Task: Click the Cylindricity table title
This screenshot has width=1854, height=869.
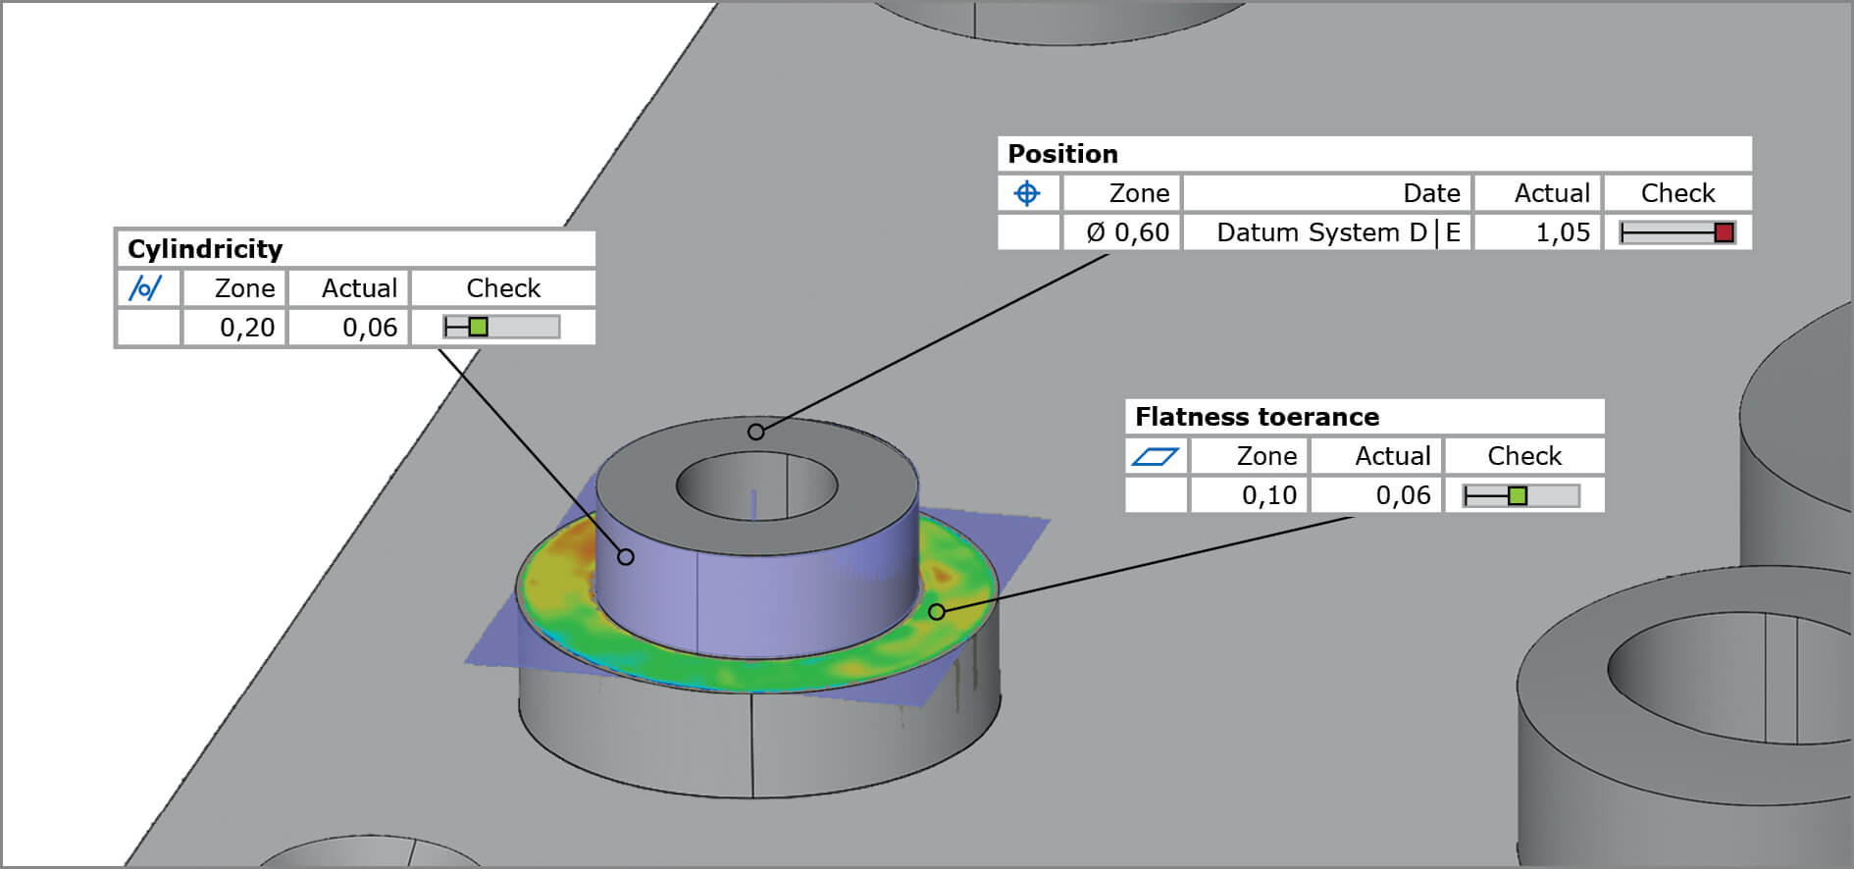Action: pos(205,249)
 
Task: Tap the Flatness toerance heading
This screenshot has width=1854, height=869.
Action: pos(1257,417)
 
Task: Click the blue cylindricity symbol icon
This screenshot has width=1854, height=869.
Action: pos(146,288)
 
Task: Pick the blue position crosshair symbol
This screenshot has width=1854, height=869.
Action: pos(1027,193)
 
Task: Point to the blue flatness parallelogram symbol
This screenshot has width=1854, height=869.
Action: pos(1155,456)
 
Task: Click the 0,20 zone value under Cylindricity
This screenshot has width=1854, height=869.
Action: pos(246,328)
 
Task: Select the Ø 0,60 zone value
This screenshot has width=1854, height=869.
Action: pos(1127,232)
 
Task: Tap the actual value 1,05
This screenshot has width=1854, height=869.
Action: pos(1562,232)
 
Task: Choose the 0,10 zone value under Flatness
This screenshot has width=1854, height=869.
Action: pos(1268,495)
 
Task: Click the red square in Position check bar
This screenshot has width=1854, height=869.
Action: pos(1724,232)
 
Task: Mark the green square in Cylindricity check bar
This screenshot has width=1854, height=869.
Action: pos(478,327)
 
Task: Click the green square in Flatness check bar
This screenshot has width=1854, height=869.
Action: pos(1518,496)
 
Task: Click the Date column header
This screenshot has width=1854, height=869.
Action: pos(1431,193)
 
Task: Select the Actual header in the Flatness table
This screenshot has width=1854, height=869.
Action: pos(1392,456)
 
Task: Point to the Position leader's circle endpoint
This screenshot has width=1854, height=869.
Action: pos(755,432)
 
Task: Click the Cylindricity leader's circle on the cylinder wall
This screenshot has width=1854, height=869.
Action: pos(626,557)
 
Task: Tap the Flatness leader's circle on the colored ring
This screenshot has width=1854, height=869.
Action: pos(937,612)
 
